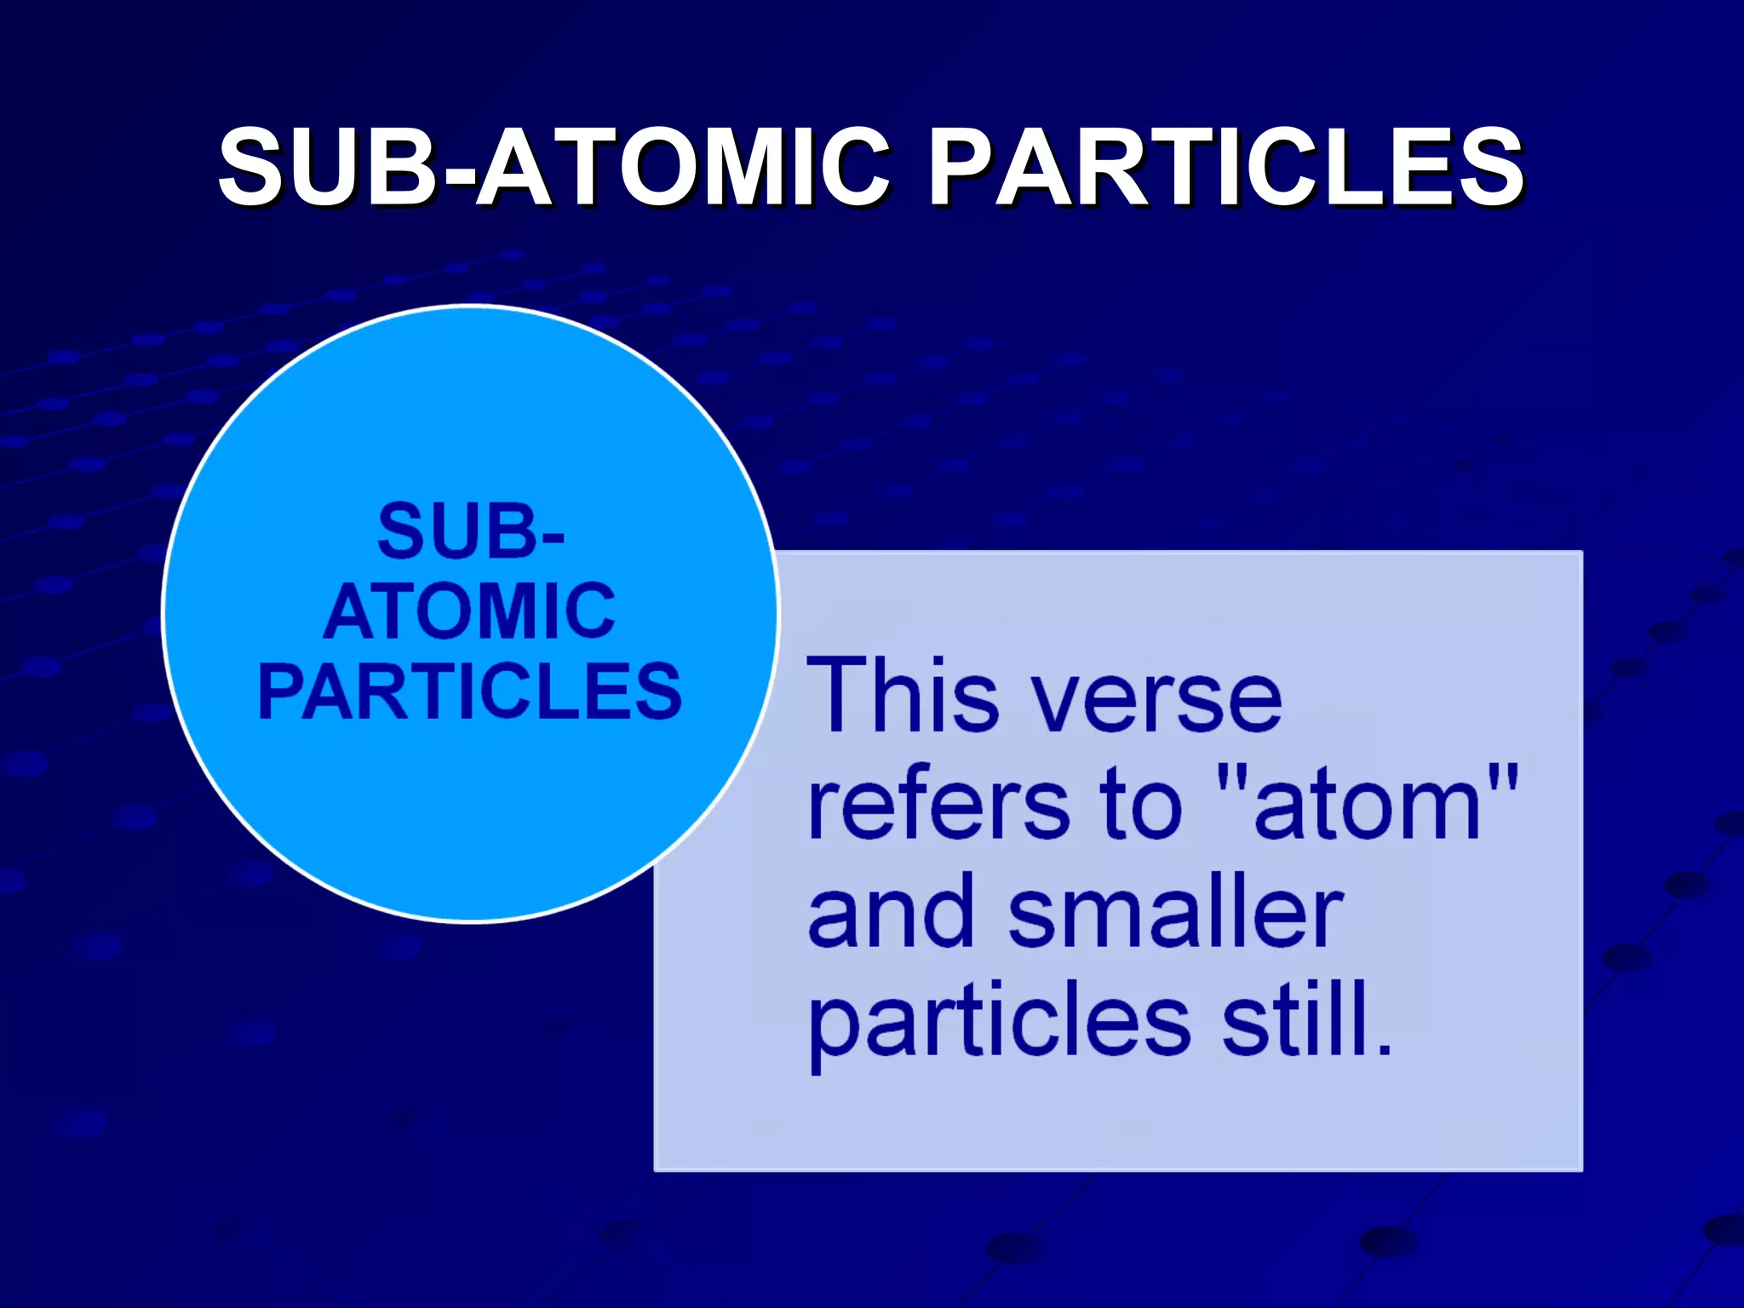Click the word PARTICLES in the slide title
click(1226, 167)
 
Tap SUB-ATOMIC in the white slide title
click(554, 167)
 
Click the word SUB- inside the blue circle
click(470, 531)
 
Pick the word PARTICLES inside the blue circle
click(469, 691)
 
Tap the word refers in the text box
click(938, 805)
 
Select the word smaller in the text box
click(1175, 913)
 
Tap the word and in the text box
click(891, 913)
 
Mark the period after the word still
click(1384, 1048)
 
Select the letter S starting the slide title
click(253, 167)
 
